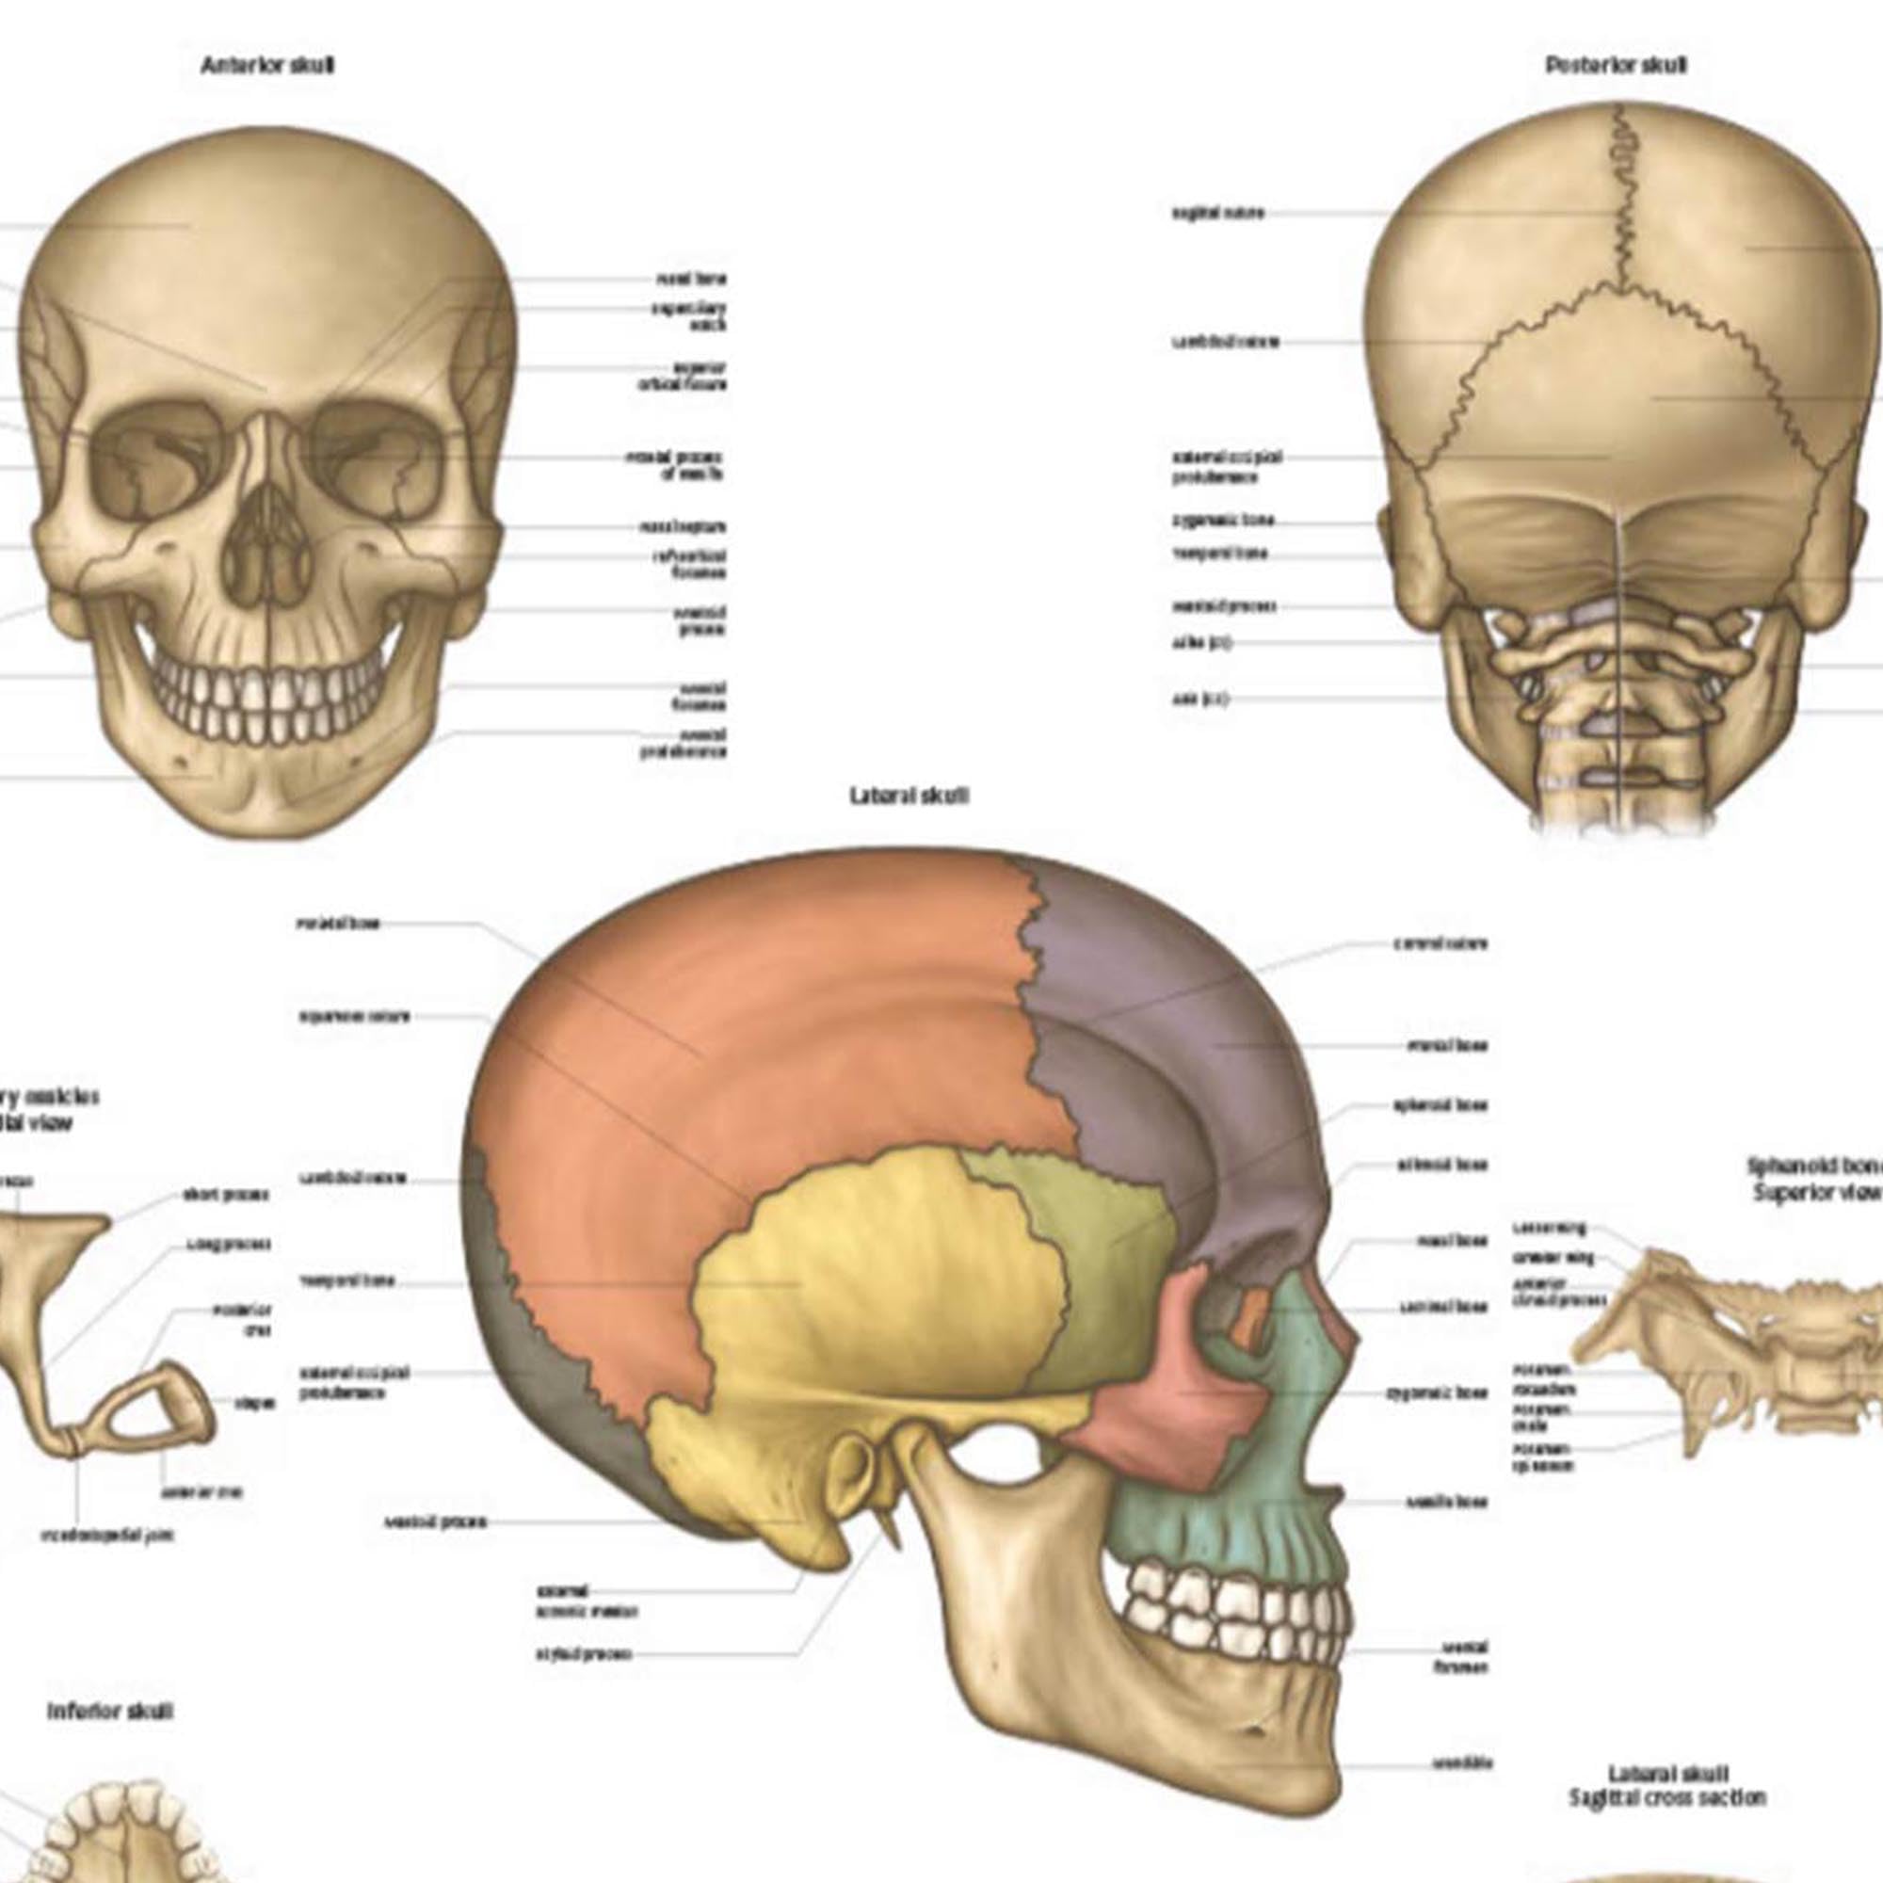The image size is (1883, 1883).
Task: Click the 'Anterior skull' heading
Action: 267,66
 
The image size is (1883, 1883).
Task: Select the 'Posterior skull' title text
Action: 1616,65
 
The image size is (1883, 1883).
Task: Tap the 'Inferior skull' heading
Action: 110,1712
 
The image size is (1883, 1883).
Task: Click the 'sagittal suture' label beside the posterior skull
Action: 1217,213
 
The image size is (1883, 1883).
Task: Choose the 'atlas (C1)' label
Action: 1202,643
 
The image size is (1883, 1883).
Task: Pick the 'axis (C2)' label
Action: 1199,699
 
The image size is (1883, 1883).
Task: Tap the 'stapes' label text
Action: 253,1404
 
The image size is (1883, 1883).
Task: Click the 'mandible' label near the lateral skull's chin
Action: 1462,1763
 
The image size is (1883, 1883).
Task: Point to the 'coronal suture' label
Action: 1440,943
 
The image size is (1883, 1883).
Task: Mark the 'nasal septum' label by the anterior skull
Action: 683,527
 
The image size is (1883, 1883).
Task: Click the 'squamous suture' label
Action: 354,1017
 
